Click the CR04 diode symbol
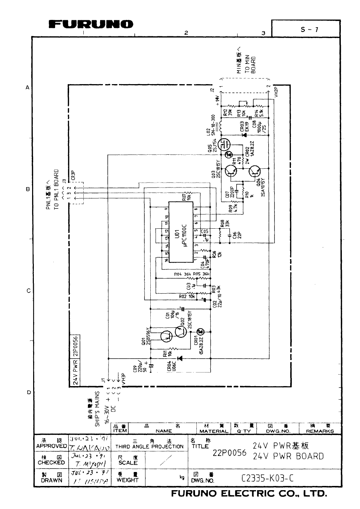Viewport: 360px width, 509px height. pos(180,358)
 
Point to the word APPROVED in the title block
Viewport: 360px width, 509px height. pos(51,446)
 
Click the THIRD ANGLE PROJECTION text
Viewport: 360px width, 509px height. pos(149,447)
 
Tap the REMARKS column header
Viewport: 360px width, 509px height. pos(320,431)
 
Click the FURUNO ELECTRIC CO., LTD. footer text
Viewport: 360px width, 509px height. pos(249,494)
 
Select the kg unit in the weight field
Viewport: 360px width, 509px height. pos(182,477)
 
